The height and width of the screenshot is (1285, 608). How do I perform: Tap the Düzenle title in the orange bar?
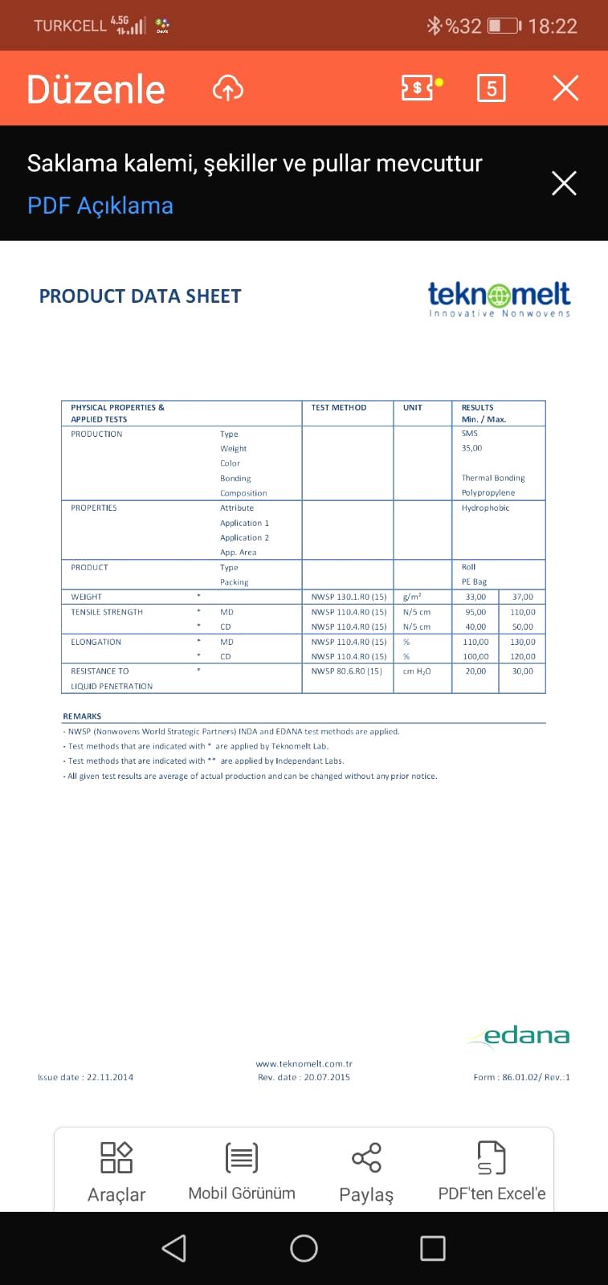click(96, 89)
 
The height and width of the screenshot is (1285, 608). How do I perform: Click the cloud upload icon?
click(228, 88)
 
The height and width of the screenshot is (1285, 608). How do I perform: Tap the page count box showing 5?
click(491, 88)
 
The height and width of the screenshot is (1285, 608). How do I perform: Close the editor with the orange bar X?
click(565, 88)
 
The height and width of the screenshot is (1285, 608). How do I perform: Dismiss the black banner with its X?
click(564, 183)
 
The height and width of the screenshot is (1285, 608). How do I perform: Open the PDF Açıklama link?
click(100, 206)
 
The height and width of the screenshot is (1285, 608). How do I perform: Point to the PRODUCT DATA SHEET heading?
click(140, 296)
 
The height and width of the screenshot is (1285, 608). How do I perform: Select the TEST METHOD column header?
click(338, 408)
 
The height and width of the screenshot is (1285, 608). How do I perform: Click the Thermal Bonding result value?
click(492, 478)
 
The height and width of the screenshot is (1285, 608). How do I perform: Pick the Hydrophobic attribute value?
click(485, 508)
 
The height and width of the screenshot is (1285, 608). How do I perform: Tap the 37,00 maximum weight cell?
click(522, 597)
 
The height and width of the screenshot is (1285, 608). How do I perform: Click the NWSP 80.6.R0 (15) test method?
click(346, 671)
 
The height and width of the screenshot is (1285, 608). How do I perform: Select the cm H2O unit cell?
click(416, 671)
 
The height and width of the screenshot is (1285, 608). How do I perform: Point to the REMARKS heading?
click(82, 716)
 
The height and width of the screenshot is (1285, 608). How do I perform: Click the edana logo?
click(519, 1036)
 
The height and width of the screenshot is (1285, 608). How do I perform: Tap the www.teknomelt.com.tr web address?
click(304, 1063)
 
